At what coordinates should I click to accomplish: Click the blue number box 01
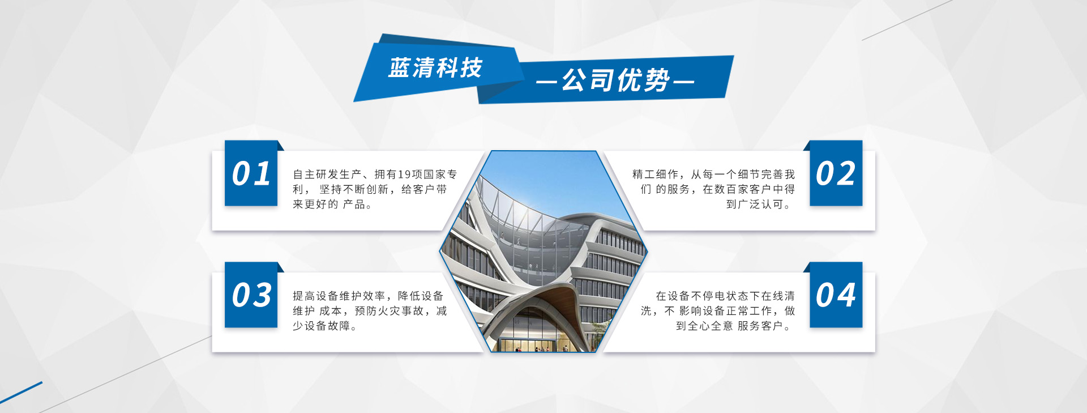coord(251,173)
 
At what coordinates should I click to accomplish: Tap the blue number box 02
coord(836,173)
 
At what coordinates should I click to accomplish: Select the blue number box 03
coord(251,295)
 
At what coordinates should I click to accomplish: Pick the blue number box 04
coord(836,295)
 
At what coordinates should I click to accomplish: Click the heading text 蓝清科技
coord(435,68)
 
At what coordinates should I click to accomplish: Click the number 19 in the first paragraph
coord(404,174)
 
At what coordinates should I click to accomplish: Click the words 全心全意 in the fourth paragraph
coord(711,326)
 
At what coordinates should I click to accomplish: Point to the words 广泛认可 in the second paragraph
coord(760,205)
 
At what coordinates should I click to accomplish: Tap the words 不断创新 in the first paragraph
coord(366,189)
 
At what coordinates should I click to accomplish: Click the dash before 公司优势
coord(546,82)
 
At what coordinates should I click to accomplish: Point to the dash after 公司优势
coord(684,82)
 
